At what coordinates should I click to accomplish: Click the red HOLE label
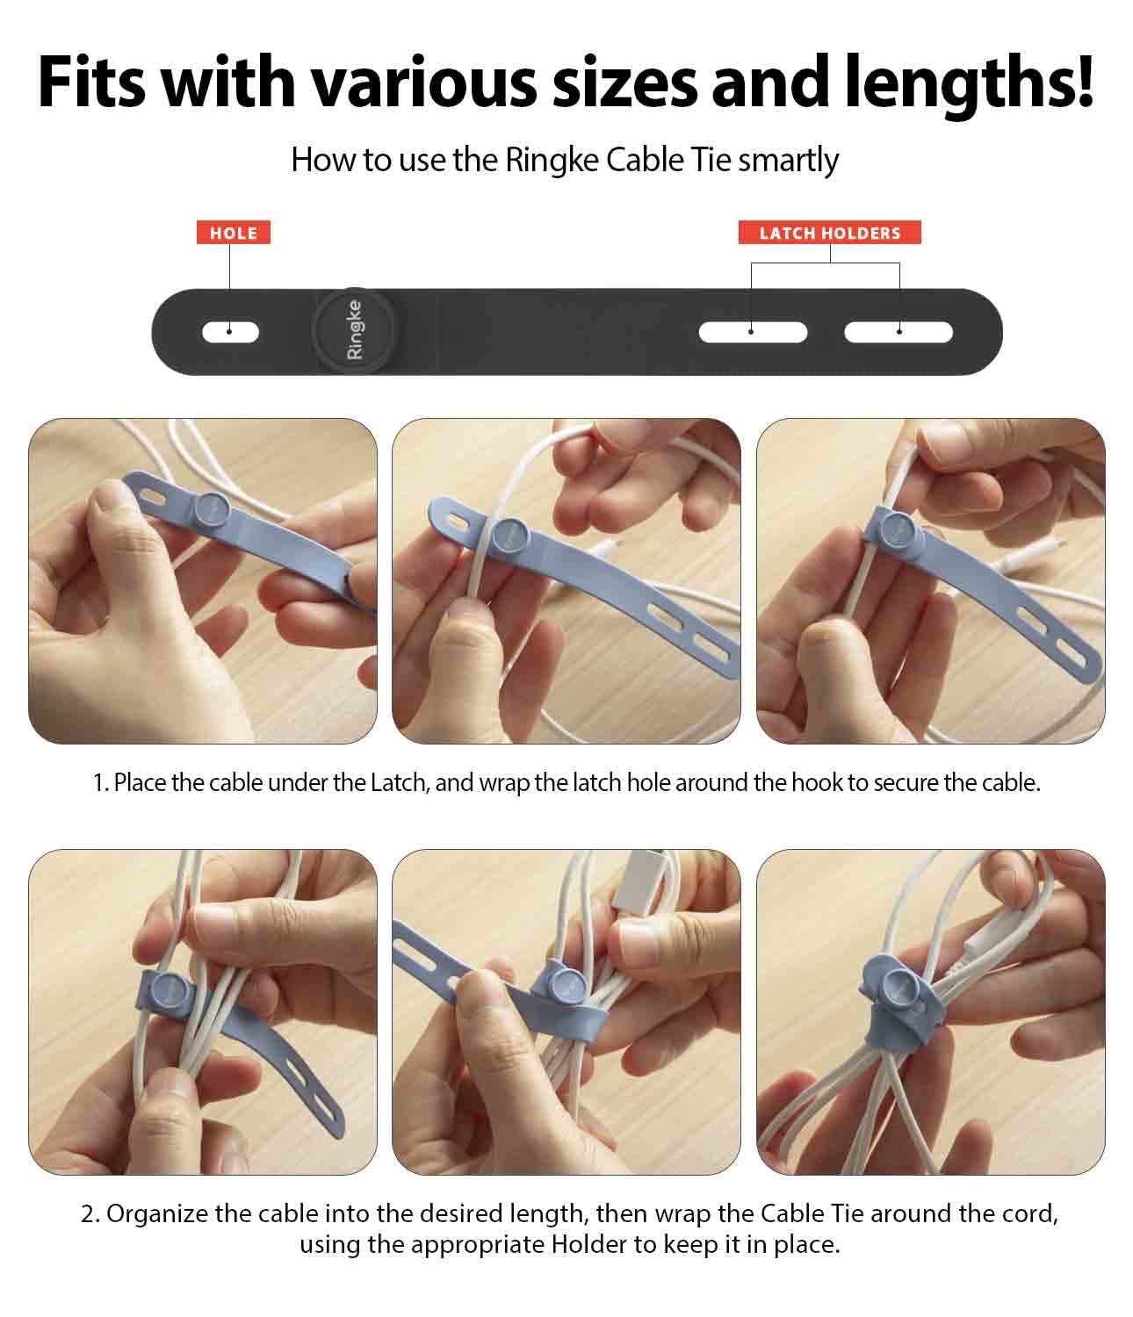pos(233,233)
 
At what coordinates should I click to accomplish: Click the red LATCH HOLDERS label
pos(829,233)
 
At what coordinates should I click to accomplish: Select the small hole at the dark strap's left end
pos(230,332)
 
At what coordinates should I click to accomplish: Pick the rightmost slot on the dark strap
pos(898,332)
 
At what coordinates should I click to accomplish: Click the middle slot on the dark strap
pos(753,332)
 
